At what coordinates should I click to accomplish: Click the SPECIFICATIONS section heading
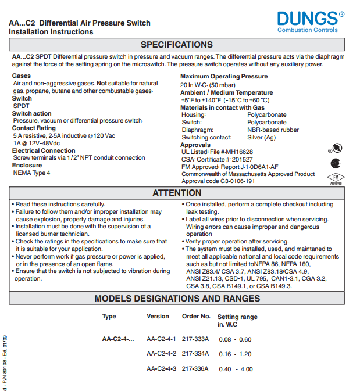[176, 45]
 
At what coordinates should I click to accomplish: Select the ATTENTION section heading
[177, 193]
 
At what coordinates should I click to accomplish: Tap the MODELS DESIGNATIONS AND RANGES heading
[177, 299]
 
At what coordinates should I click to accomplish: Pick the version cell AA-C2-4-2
[161, 354]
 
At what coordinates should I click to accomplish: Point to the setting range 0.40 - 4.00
[236, 369]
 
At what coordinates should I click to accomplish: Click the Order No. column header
[196, 317]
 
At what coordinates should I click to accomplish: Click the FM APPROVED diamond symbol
[336, 178]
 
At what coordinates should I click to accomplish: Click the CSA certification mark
[335, 163]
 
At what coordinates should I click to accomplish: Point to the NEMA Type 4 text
[31, 173]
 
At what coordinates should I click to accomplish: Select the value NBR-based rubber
[273, 130]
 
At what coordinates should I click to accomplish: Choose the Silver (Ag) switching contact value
[261, 138]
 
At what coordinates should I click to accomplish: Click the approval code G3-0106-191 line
[218, 181]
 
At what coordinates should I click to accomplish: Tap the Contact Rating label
[34, 128]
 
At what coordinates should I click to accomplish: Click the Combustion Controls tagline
[307, 30]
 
